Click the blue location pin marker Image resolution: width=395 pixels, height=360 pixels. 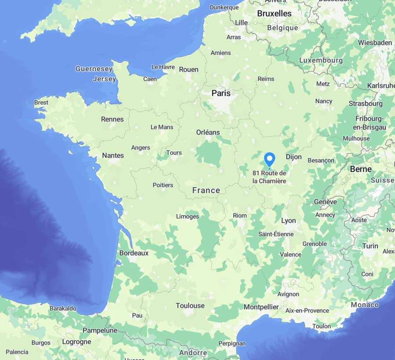pos(269,159)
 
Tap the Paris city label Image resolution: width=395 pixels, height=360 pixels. pos(221,93)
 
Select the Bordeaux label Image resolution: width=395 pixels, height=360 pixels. pos(134,253)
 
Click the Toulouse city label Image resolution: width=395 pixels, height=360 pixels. pos(190,305)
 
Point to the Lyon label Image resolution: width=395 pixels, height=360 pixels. pos(289,220)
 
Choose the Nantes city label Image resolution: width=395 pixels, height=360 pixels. pos(113,155)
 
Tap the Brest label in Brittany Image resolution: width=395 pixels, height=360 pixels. pos(41,103)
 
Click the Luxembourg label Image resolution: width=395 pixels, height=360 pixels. pos(321,60)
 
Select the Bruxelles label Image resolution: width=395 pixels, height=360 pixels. pos(274,14)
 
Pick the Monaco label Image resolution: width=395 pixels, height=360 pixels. pos(365,305)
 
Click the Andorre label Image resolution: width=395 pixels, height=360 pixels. pos(193,353)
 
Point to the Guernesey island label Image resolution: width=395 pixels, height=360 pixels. pos(94,69)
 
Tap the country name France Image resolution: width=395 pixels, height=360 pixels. pos(206,190)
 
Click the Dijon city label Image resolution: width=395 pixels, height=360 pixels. pos(294,157)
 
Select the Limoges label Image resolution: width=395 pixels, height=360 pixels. pos(187,217)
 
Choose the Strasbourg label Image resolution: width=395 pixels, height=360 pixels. pos(366,103)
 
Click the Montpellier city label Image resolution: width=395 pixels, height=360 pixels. pos(261,307)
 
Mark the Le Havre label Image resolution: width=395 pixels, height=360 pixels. pos(163,67)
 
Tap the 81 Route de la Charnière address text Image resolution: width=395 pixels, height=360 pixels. pos(269,177)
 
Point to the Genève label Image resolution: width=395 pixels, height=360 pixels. pos(326,202)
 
